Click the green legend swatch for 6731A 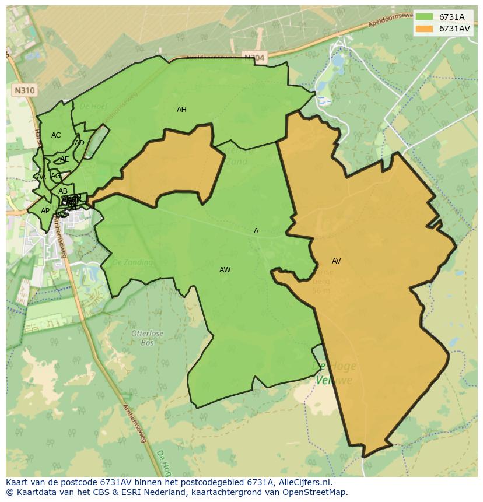424,17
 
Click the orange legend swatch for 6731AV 424,29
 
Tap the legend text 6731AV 454,29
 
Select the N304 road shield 254,57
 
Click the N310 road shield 23,90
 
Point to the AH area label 181,110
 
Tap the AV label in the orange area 336,261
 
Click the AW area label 225,270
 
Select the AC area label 56,135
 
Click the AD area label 79,143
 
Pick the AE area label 64,159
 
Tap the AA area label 41,177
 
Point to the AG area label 55,175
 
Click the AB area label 63,191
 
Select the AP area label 45,211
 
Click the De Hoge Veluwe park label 334,373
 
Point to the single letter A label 256,231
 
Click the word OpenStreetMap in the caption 313,492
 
